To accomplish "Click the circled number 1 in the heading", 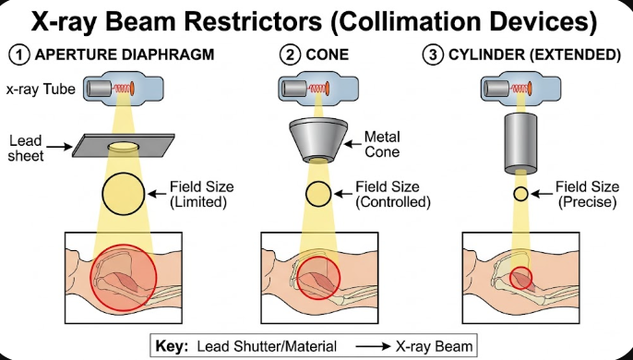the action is (19, 55).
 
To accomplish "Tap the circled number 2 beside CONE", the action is (290, 55).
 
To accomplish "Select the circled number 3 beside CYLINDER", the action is (433, 55).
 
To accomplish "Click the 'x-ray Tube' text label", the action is (41, 90).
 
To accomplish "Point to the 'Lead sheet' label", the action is (25, 149).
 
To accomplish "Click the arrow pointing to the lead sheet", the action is (59, 146).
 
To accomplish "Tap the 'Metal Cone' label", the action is (382, 144).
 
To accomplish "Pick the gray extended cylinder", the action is (520, 143).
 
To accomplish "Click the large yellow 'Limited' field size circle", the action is (124, 194).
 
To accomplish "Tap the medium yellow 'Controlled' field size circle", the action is (318, 194).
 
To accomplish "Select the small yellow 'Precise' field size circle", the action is (520, 194).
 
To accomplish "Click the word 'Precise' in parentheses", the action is (588, 202).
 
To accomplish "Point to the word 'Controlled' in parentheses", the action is (393, 202).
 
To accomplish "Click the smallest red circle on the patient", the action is (520, 278).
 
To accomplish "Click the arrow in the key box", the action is (374, 346).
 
